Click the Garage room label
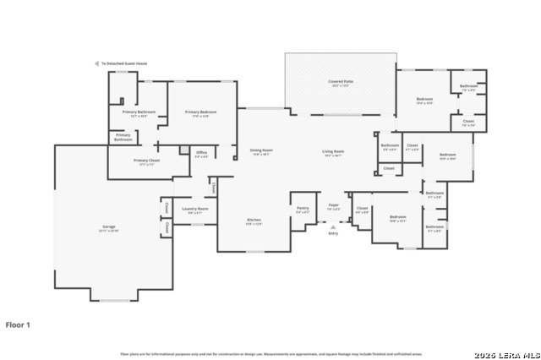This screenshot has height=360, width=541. pyautogui.click(x=110, y=227)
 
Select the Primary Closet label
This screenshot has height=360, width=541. pyautogui.click(x=146, y=161)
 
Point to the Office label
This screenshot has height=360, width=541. pyautogui.click(x=201, y=154)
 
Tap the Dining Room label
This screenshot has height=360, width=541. pyautogui.click(x=260, y=151)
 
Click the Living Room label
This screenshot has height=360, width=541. pyautogui.click(x=333, y=151)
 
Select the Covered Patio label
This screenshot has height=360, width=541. pyautogui.click(x=342, y=82)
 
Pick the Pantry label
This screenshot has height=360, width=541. pyautogui.click(x=302, y=208)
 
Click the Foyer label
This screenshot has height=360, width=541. pyautogui.click(x=334, y=205)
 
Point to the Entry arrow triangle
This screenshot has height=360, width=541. pyautogui.click(x=333, y=226)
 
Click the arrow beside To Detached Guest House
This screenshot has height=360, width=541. pyautogui.click(x=96, y=63)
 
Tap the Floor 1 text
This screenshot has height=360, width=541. pyautogui.click(x=18, y=325)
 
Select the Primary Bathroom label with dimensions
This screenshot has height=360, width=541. pyautogui.click(x=139, y=112)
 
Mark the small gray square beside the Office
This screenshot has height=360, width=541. pyautogui.click(x=183, y=150)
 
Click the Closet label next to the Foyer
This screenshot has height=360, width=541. pyautogui.click(x=362, y=208)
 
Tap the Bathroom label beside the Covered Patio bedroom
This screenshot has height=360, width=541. pyautogui.click(x=468, y=86)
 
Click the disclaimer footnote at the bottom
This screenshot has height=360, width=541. pyautogui.click(x=270, y=353)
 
